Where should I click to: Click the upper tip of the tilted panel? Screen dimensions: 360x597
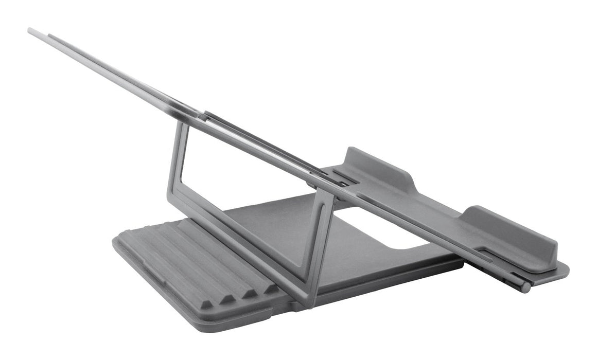pos(31,30)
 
